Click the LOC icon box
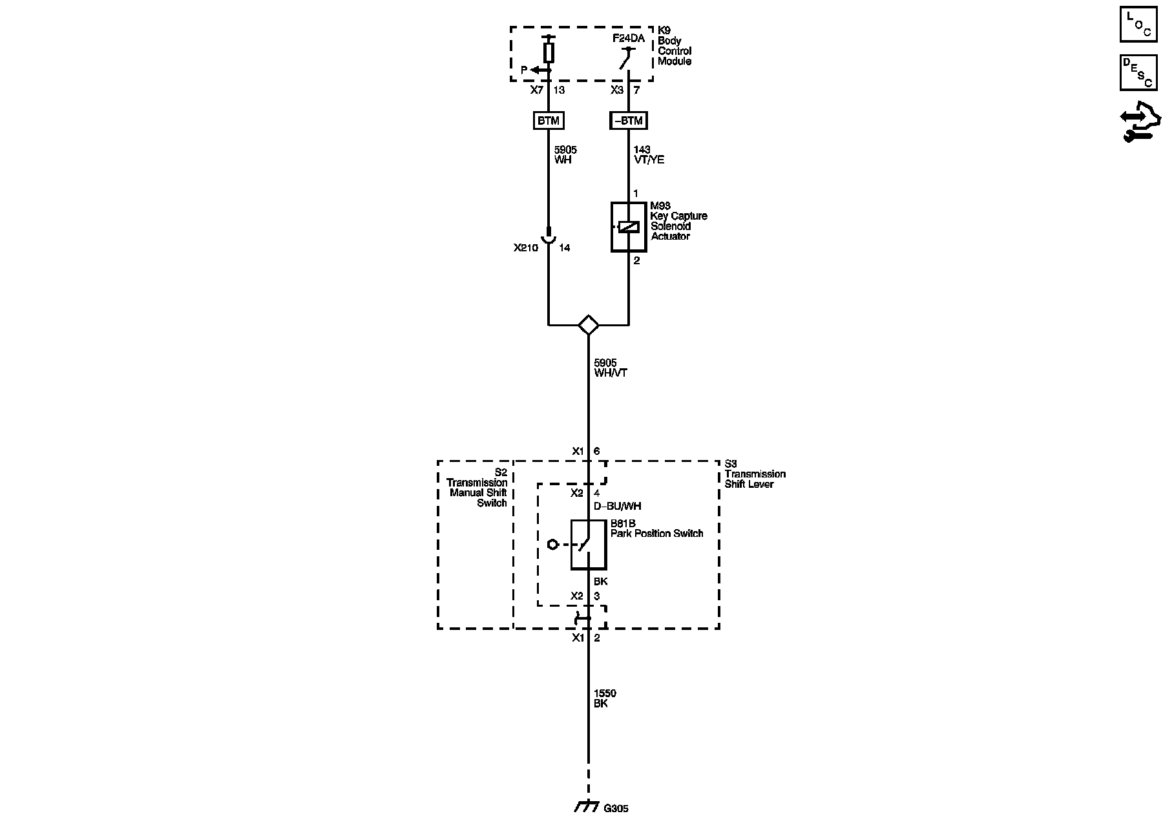[1138, 25]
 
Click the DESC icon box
[1138, 72]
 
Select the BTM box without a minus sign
[548, 121]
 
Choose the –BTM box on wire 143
[628, 121]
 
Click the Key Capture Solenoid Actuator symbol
[629, 227]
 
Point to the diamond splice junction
[588, 324]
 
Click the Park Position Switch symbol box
[588, 545]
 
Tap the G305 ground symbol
[586, 808]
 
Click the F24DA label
[628, 39]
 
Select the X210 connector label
[525, 248]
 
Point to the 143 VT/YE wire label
[649, 155]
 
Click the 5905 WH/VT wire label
[611, 368]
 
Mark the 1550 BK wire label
[605, 698]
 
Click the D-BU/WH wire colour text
[617, 506]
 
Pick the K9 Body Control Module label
[675, 46]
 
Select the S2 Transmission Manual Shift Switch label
[477, 488]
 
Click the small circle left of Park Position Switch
[552, 545]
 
